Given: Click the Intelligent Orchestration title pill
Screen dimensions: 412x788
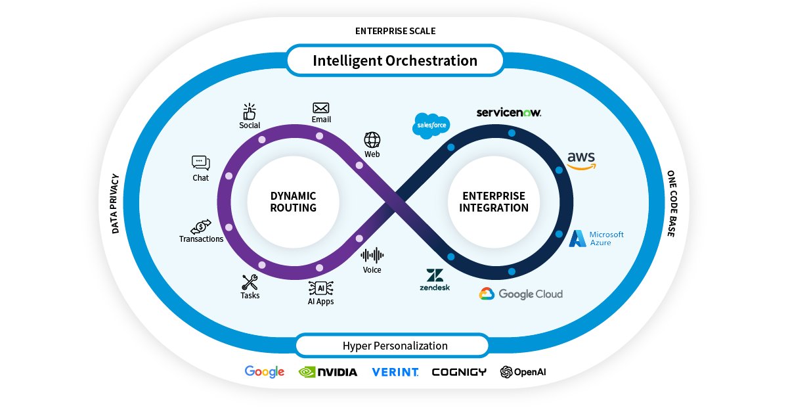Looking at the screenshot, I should pyautogui.click(x=395, y=61).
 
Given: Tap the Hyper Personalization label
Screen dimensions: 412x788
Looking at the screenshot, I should pyautogui.click(x=395, y=346).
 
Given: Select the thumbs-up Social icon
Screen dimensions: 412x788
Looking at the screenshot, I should pyautogui.click(x=250, y=110).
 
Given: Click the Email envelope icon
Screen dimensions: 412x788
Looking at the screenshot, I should pyautogui.click(x=321, y=108).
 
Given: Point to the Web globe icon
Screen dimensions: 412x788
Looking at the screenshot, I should pyautogui.click(x=372, y=139).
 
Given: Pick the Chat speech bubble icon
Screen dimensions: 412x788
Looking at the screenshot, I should pyautogui.click(x=201, y=162).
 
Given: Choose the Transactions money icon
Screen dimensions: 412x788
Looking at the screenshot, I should pyautogui.click(x=201, y=226).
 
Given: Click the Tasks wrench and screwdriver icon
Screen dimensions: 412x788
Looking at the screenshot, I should pyautogui.click(x=250, y=283).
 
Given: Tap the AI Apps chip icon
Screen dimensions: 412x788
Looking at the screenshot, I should pyautogui.click(x=321, y=288).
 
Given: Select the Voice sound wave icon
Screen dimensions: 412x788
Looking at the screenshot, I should pyautogui.click(x=372, y=255).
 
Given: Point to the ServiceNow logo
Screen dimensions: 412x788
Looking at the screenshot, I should pyautogui.click(x=509, y=112).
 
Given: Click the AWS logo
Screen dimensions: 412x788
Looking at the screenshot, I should pyautogui.click(x=581, y=160).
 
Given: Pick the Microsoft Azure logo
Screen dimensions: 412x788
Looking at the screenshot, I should pyautogui.click(x=596, y=239).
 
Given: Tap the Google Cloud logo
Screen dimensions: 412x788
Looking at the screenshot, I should pyautogui.click(x=521, y=294).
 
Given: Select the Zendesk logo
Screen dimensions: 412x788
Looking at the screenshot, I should pyautogui.click(x=434, y=280).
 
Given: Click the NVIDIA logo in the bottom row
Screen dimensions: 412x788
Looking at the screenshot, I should pyautogui.click(x=328, y=372).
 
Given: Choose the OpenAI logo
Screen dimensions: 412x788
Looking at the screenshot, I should pyautogui.click(x=523, y=372).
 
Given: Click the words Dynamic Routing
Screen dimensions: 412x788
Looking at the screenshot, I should pyautogui.click(x=293, y=202).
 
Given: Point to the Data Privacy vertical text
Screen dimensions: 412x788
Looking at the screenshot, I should pyautogui.click(x=115, y=204).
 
